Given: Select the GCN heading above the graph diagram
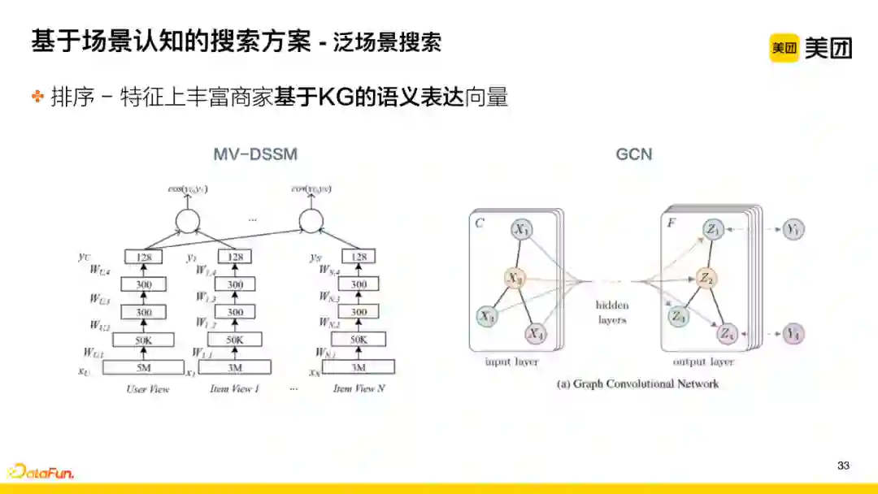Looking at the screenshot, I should click(x=634, y=154).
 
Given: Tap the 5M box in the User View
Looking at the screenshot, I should click(x=144, y=367).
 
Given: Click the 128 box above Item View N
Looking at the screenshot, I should click(x=359, y=258).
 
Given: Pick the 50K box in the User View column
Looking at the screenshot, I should click(x=144, y=340).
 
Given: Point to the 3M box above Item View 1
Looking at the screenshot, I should click(x=235, y=367).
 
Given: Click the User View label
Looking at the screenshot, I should click(x=148, y=389).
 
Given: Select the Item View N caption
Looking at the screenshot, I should click(x=359, y=389).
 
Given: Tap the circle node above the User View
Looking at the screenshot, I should click(x=187, y=220).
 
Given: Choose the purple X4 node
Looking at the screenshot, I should click(x=534, y=333).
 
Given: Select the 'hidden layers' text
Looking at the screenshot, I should click(x=611, y=313).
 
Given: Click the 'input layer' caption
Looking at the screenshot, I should click(x=512, y=362).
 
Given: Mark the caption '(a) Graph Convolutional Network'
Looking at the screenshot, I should click(x=637, y=383).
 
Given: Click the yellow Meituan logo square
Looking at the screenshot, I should click(x=784, y=48).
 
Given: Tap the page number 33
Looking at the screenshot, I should click(x=843, y=466).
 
